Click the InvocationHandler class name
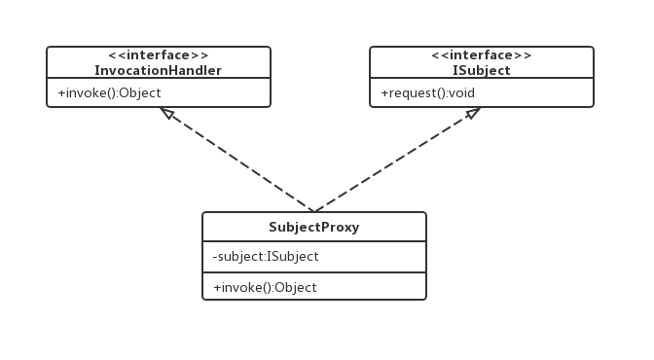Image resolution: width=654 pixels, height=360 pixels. [158, 70]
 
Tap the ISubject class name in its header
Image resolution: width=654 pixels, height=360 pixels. [482, 70]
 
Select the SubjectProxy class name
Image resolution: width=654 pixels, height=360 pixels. [314, 227]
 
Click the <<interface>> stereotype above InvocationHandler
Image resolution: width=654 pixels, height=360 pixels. [158, 55]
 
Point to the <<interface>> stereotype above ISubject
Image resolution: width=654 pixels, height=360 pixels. [482, 55]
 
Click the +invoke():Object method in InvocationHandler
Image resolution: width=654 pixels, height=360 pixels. [109, 93]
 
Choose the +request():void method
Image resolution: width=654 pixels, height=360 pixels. [428, 93]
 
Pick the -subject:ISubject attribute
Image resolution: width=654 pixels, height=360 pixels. [266, 256]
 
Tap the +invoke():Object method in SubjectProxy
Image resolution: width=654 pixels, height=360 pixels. [265, 287]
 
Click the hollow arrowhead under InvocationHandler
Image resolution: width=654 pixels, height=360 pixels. [167, 113]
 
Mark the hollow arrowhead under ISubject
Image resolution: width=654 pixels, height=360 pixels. [473, 113]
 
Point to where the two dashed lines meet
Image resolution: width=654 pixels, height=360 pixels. [314, 211]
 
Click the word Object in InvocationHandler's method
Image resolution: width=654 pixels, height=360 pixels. [140, 93]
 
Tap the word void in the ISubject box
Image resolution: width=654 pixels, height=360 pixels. [462, 92]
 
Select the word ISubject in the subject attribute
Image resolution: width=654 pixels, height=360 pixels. [293, 256]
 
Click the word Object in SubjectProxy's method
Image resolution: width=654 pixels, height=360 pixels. [296, 287]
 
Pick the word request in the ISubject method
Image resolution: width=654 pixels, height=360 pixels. [409, 93]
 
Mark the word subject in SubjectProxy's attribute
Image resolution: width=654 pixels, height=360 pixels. [240, 257]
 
